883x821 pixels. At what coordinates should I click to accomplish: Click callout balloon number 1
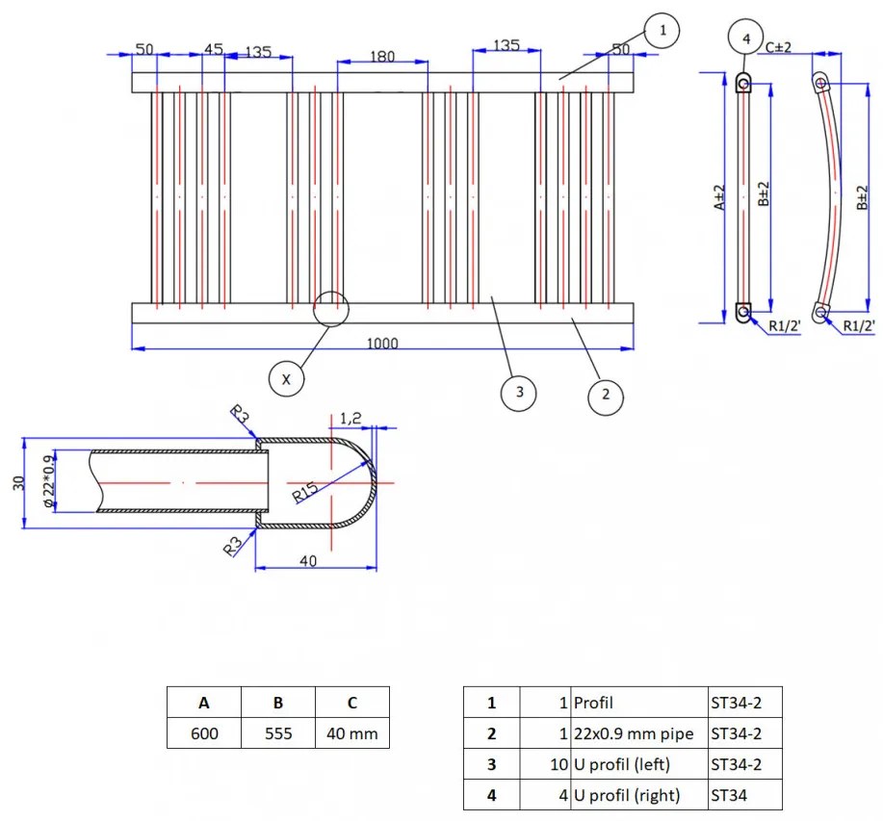(661, 32)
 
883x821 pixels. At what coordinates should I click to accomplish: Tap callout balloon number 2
(606, 394)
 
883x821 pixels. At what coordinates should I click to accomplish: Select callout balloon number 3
(519, 392)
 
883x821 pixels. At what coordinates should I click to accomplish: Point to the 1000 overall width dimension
(382, 344)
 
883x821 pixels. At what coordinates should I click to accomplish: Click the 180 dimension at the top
(382, 57)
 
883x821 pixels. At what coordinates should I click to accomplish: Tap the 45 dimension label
(214, 49)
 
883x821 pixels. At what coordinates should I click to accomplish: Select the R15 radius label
(305, 492)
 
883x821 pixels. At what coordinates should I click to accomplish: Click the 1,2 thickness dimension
(351, 418)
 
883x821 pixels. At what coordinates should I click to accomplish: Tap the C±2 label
(778, 46)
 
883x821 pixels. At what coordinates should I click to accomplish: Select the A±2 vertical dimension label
(719, 198)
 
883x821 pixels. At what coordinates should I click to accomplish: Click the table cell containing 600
(204, 733)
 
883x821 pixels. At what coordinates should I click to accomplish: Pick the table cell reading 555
(278, 733)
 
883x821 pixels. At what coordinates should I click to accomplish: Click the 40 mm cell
(352, 733)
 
